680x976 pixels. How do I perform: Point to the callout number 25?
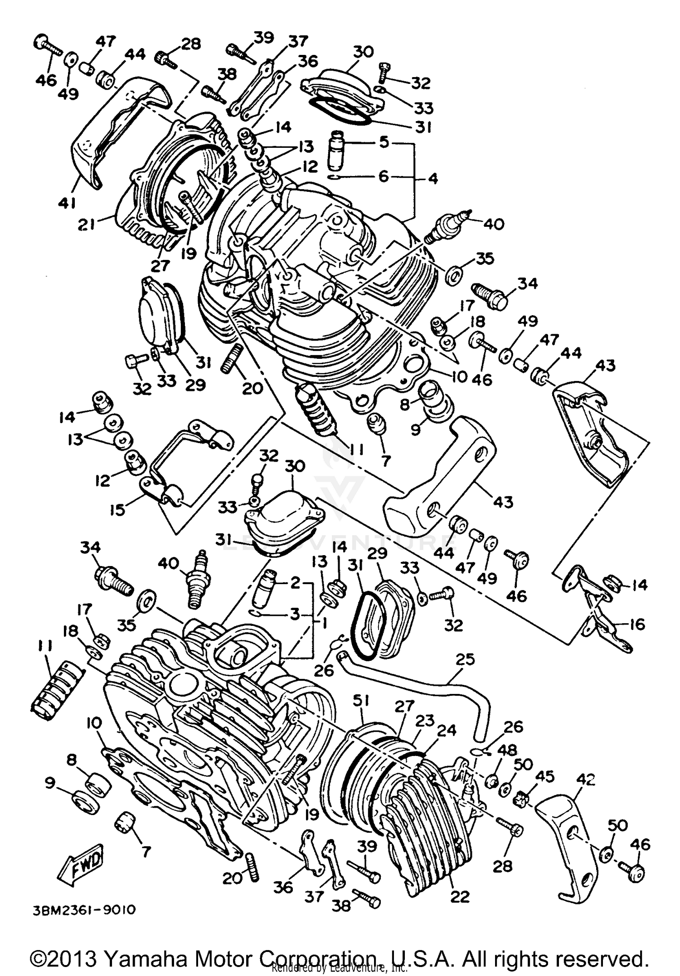pos(465,659)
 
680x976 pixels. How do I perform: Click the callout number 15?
pos(117,510)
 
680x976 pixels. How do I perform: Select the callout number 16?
pos(637,624)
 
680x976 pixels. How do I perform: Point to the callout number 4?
pos(433,178)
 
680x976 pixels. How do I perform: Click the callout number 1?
pos(323,624)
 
